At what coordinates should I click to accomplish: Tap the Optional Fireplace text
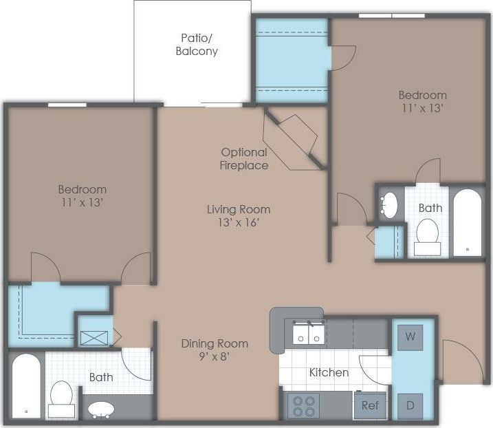[244, 159]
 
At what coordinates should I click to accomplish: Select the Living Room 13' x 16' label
[239, 215]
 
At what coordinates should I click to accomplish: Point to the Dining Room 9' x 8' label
[215, 350]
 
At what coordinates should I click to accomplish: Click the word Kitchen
[329, 372]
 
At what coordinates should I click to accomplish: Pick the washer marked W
[410, 337]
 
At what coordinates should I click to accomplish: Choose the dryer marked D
[410, 405]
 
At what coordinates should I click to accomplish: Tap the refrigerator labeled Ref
[370, 405]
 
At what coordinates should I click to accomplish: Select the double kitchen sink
[307, 334]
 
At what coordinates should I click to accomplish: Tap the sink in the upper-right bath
[389, 204]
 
